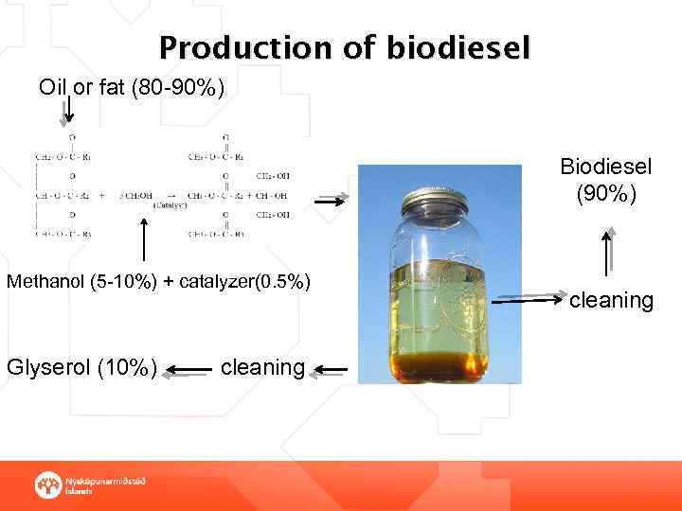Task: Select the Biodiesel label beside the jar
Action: tap(605, 167)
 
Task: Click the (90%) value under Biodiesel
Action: tap(606, 195)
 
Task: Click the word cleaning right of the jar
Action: tap(611, 301)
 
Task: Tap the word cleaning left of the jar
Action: tap(262, 366)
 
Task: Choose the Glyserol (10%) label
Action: tap(82, 367)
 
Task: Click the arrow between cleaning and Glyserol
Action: tap(191, 369)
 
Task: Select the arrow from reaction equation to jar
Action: tap(332, 201)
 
